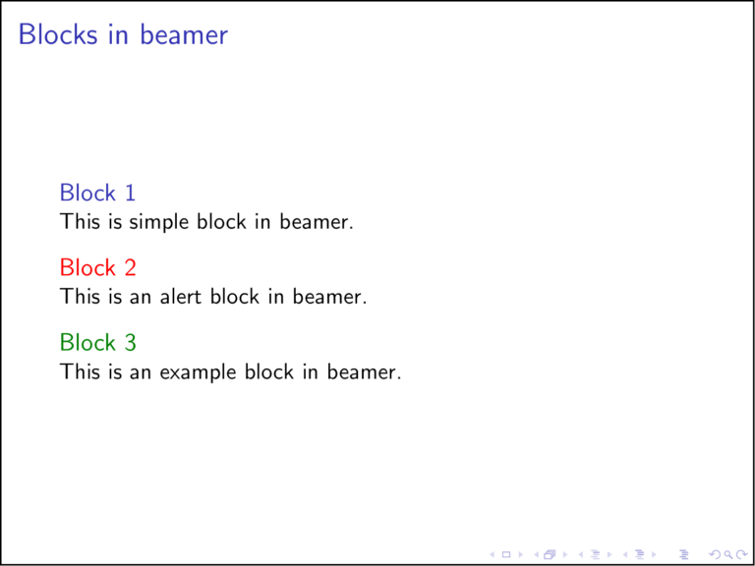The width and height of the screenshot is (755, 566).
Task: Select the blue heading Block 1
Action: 97,193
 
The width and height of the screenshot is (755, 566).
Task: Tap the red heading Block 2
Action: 97,267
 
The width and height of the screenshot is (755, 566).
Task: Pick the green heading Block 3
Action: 97,342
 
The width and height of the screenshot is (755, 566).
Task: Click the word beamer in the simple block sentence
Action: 316,223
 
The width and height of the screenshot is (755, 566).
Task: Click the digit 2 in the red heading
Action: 130,267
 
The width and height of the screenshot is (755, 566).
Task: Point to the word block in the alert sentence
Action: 234,297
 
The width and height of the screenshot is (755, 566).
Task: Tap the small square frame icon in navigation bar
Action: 505,554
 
